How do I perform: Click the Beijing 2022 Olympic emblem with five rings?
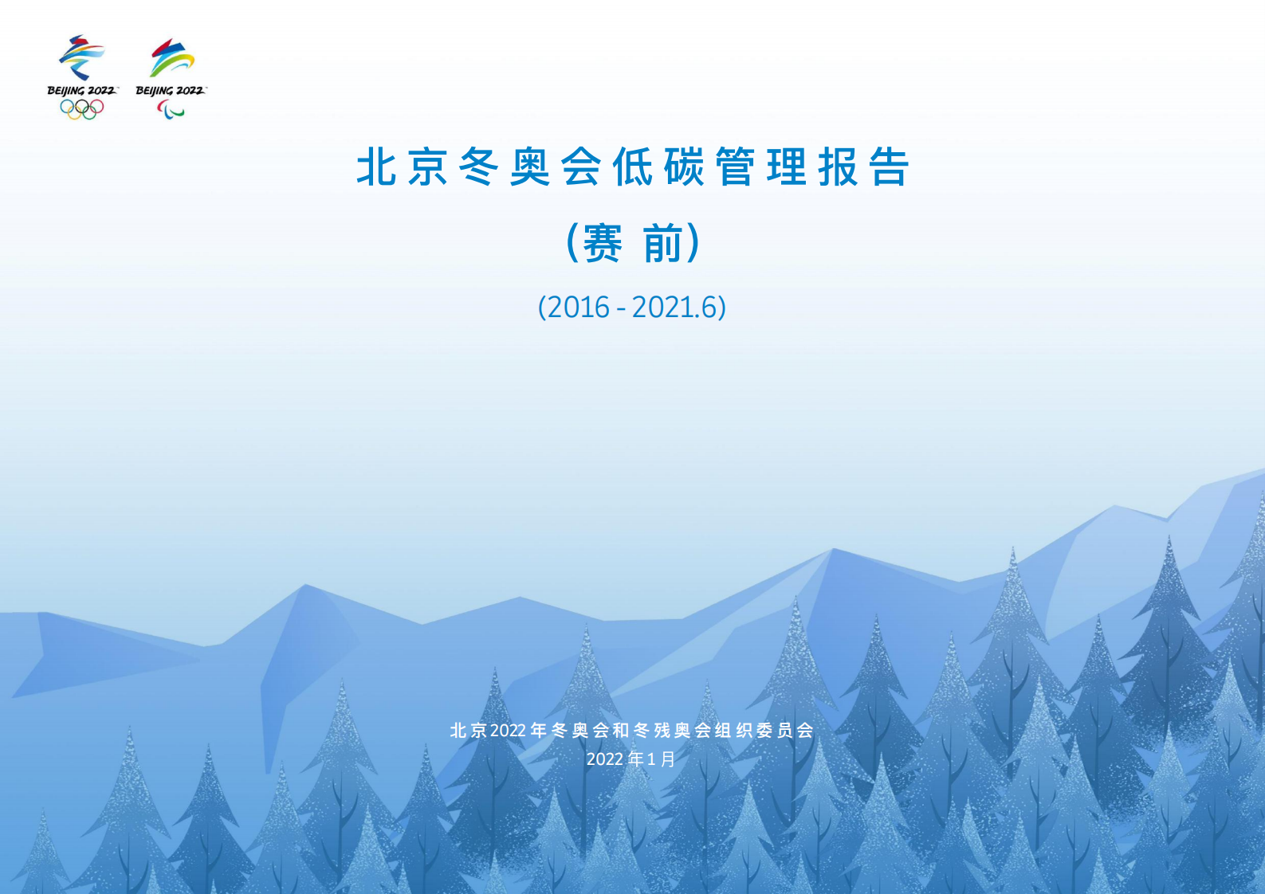coord(82,76)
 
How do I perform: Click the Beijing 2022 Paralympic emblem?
coord(171,76)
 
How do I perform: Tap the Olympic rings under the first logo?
coord(82,109)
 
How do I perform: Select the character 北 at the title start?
coord(376,167)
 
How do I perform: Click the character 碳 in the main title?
coord(684,167)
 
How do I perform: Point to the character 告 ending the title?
coord(890,167)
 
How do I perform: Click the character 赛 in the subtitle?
coord(603,242)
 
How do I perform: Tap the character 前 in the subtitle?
coord(663,242)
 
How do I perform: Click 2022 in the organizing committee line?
coord(508,731)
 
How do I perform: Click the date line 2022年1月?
coord(631,759)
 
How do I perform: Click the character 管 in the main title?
coord(735,167)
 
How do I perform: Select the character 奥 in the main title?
coord(530,167)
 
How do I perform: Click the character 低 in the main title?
coord(633,167)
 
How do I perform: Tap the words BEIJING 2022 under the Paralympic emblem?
coord(170,91)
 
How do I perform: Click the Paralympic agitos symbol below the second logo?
coord(171,110)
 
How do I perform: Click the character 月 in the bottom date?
coord(668,759)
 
